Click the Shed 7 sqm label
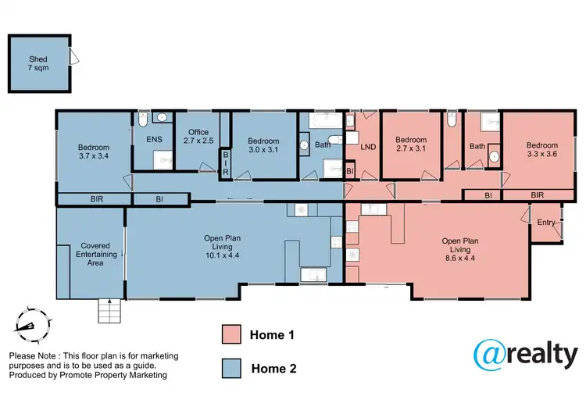click(38, 62)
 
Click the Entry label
click(546, 223)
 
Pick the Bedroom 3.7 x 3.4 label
click(93, 152)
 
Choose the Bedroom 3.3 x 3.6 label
click(541, 150)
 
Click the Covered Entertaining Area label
click(89, 255)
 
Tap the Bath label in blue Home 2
click(323, 145)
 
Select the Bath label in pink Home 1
click(477, 146)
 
